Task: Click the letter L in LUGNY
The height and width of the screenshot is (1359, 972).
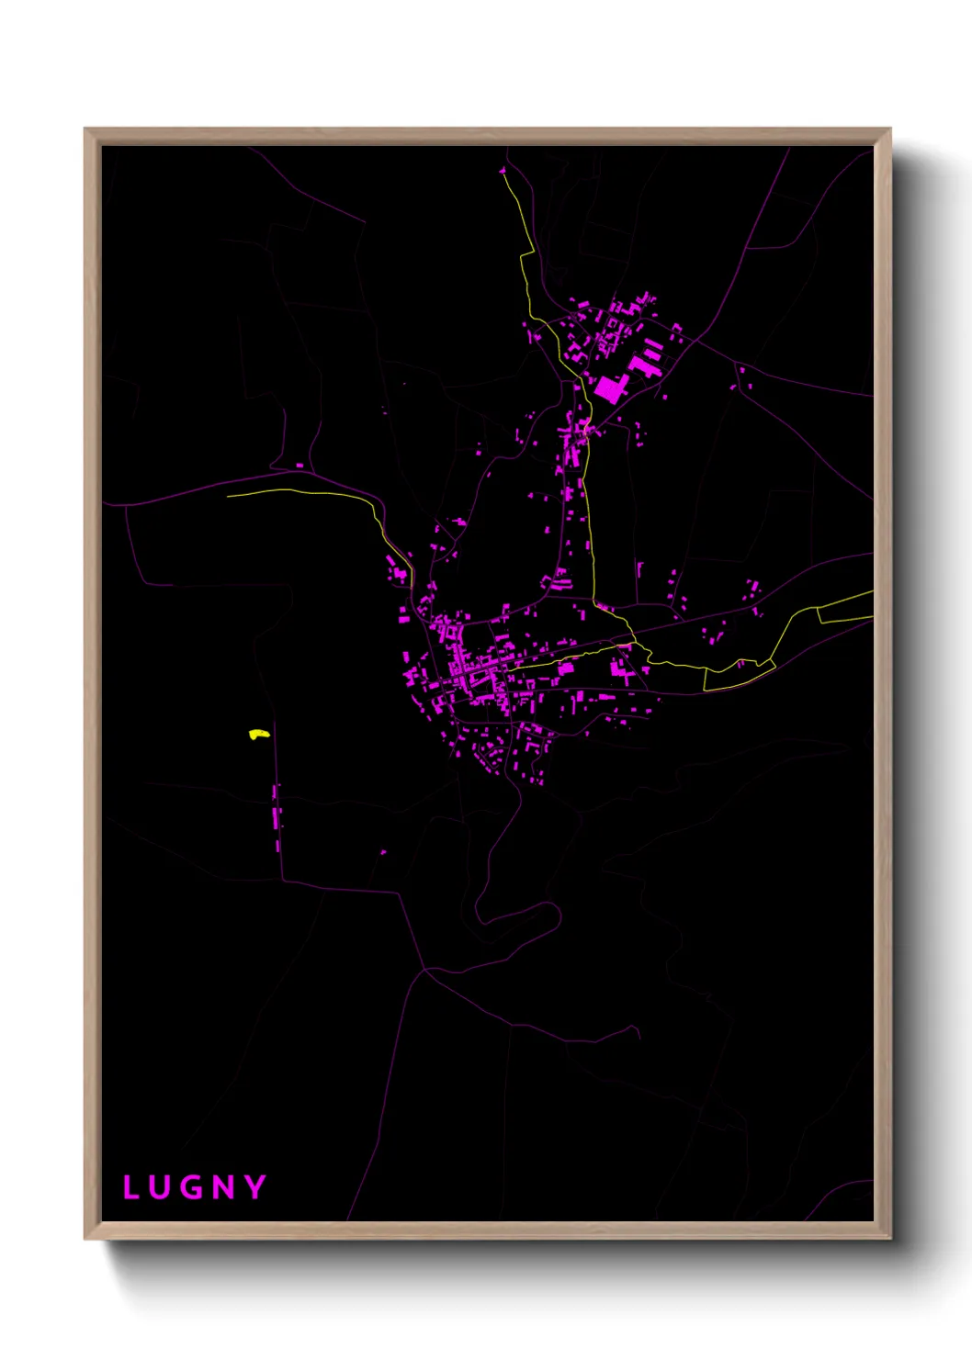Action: point(130,1187)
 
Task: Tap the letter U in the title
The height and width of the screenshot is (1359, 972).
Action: point(161,1187)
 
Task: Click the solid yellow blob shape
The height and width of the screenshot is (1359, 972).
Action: point(258,735)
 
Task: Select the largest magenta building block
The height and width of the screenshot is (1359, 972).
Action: point(608,389)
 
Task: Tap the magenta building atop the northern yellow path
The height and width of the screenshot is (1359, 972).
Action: point(503,171)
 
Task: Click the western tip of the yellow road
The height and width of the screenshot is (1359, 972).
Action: point(228,495)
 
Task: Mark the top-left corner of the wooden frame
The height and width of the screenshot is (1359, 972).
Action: point(85,129)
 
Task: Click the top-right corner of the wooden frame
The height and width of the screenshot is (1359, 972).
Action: point(889,129)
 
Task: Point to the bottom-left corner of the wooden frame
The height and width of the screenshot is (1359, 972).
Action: point(85,1238)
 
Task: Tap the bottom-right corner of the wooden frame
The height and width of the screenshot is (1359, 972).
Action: point(889,1238)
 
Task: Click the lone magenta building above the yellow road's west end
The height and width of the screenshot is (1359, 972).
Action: point(300,466)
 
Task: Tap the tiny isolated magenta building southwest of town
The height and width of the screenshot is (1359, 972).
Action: point(383,852)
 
